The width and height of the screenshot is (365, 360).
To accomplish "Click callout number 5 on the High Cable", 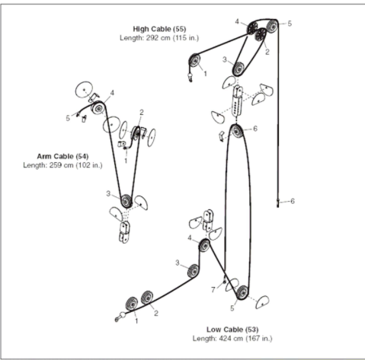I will tap(290, 24).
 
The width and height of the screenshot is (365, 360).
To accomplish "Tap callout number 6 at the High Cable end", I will tap(293, 200).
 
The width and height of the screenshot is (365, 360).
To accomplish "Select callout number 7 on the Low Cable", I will tap(213, 289).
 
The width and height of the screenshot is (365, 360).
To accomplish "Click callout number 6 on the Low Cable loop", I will tap(255, 129).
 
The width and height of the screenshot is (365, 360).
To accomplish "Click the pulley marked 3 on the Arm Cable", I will tap(126, 201).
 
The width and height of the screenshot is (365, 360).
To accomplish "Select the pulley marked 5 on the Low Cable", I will tap(241, 292).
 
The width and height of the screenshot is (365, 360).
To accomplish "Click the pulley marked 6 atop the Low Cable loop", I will tap(238, 131).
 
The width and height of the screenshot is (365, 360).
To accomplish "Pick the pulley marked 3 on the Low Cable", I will tap(194, 269).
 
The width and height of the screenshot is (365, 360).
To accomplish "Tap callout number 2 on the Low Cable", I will tap(156, 313).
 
